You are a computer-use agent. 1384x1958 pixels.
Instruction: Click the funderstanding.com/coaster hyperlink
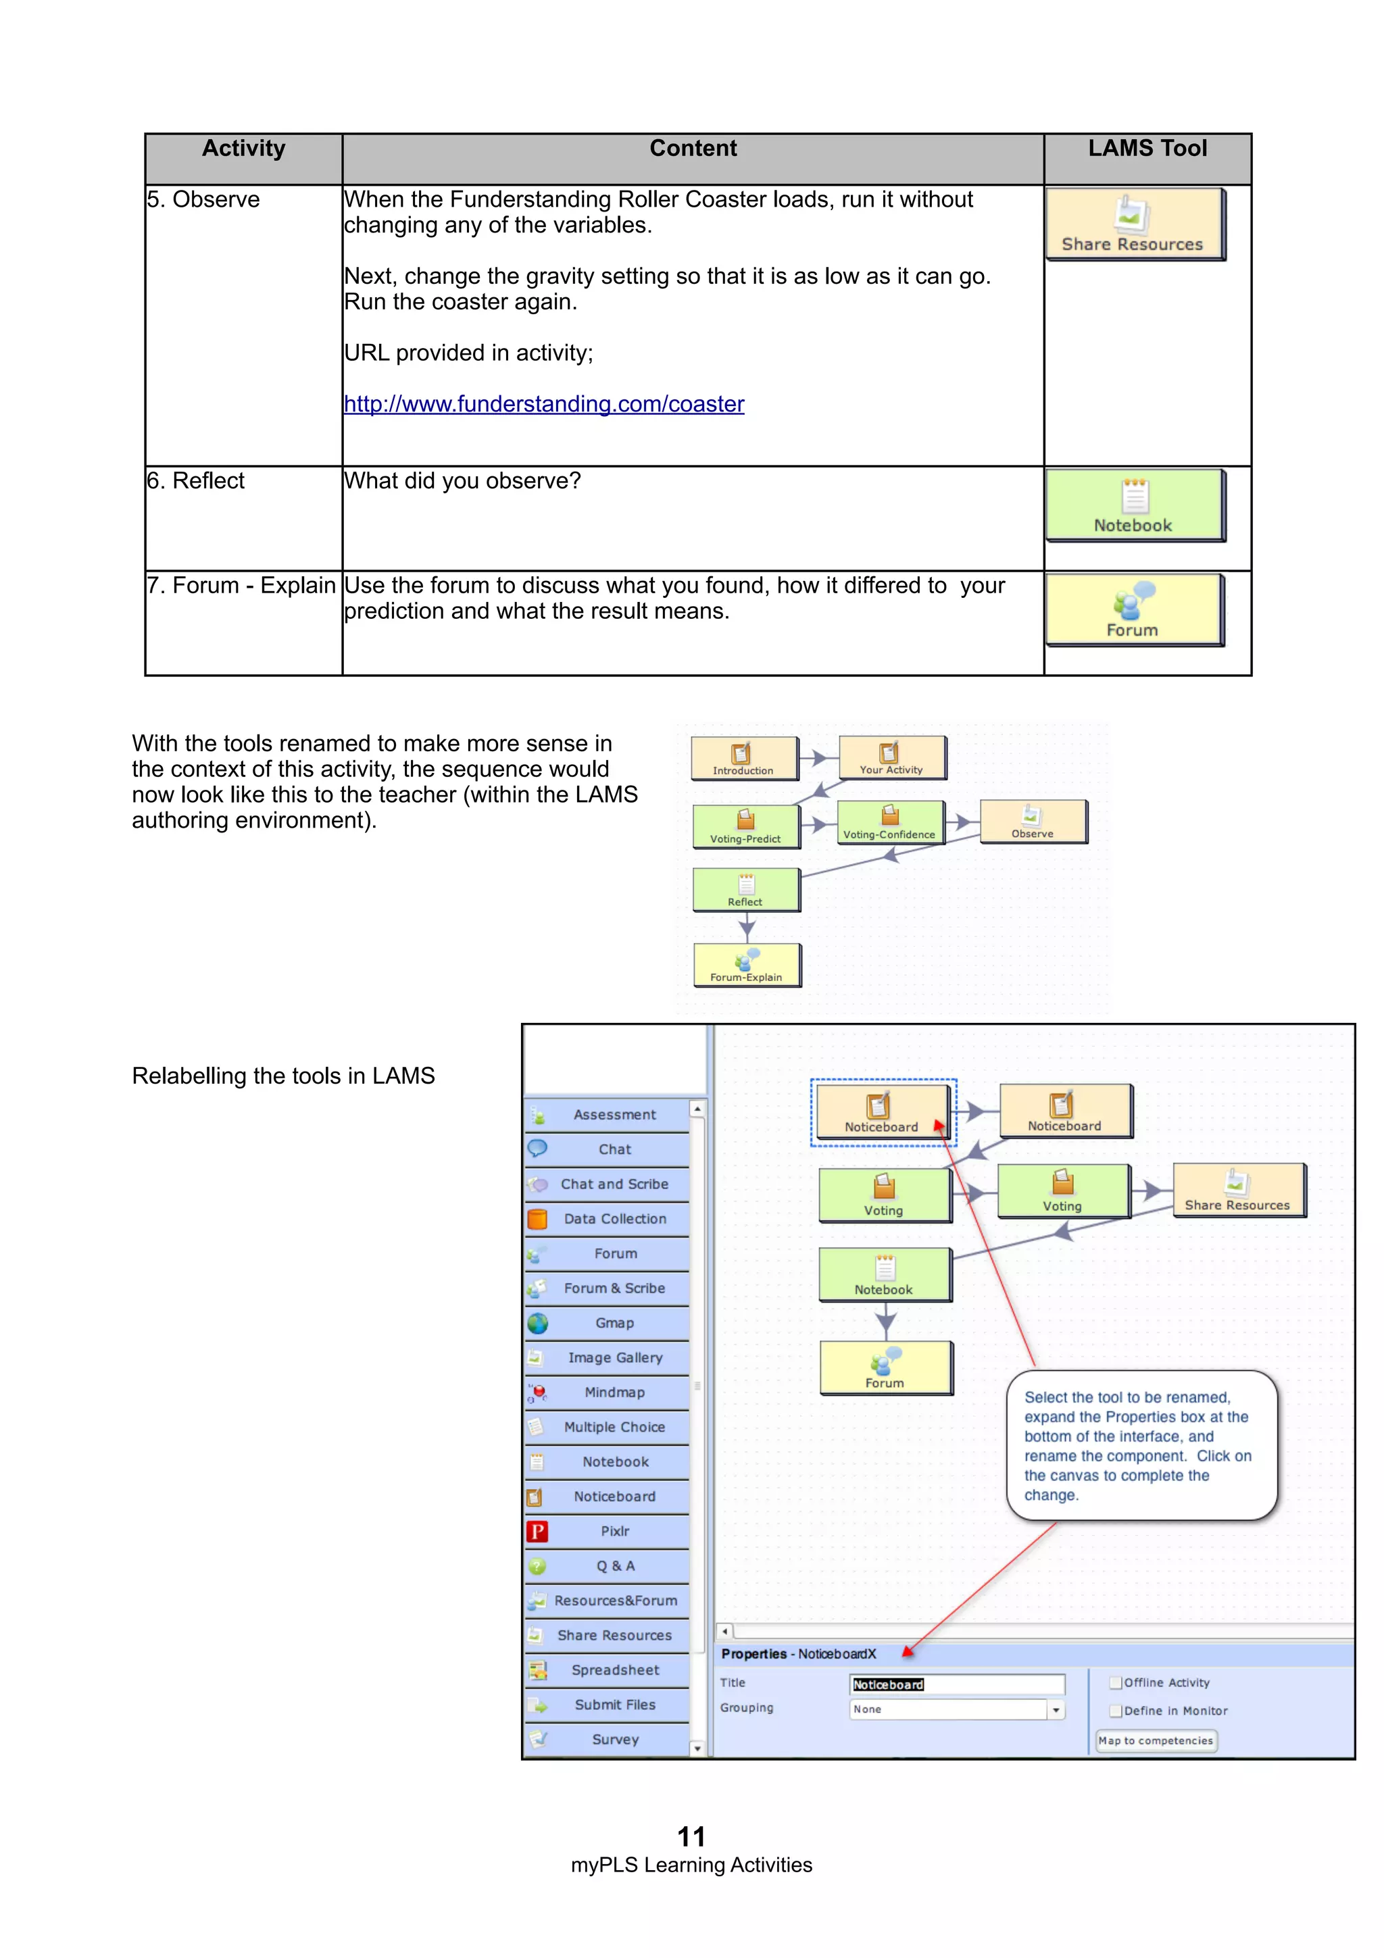click(543, 404)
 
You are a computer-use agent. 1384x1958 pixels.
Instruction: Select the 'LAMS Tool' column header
click(1147, 149)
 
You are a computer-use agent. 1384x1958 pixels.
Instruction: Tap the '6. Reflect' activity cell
click(196, 482)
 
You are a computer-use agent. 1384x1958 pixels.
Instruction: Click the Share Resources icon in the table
click(1133, 224)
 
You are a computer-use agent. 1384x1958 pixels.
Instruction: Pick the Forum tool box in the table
click(1133, 609)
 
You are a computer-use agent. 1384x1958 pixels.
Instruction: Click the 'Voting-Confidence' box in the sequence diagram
click(889, 823)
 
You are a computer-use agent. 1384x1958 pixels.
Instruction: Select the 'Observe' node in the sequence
click(1033, 821)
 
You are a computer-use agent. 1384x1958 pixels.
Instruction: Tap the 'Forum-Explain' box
click(746, 965)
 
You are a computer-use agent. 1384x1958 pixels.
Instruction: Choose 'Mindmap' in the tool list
click(614, 1392)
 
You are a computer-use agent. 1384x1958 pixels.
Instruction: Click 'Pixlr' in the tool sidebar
click(614, 1532)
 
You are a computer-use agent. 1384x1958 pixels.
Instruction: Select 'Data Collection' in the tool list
click(614, 1220)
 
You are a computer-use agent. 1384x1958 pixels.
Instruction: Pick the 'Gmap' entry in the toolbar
click(614, 1324)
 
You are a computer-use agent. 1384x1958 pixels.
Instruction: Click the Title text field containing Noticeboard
click(957, 1684)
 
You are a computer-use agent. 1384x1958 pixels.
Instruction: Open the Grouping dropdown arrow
click(1056, 1710)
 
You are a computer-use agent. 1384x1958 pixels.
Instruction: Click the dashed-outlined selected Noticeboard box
click(882, 1111)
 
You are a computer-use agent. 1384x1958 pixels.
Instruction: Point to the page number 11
click(691, 1836)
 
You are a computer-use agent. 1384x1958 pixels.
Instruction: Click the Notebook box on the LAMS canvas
click(885, 1274)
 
